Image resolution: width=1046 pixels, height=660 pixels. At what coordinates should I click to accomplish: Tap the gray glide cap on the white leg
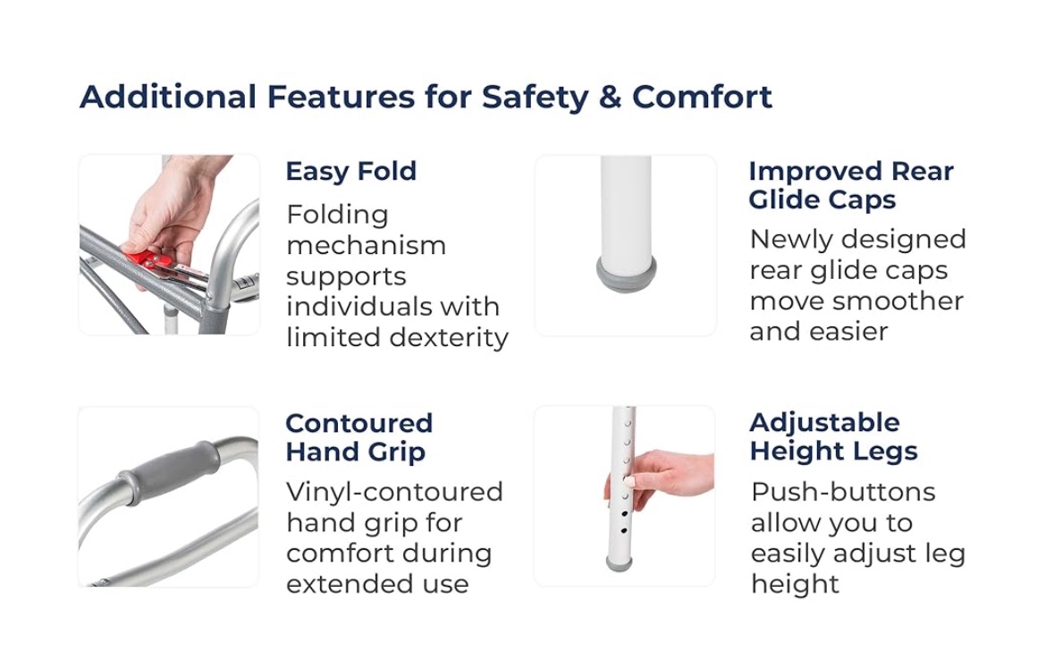pos(626,274)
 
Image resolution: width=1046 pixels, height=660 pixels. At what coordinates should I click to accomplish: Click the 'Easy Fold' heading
pos(350,172)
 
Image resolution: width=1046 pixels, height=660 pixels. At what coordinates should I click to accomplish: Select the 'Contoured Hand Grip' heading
pos(359,438)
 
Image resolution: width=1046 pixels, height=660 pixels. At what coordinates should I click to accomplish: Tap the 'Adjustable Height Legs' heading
pos(833,437)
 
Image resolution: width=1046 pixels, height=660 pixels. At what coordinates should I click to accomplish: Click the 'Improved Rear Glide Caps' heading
pos(851,185)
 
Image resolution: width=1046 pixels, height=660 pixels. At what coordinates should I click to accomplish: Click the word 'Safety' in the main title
pos(535,97)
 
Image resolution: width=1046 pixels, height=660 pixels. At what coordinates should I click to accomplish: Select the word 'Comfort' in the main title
pos(702,97)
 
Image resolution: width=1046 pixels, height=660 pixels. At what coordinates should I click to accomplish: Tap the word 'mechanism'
pos(367,246)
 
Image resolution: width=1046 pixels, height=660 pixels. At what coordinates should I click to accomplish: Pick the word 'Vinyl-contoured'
pos(394,493)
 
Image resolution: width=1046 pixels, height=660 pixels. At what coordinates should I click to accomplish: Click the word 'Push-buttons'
pos(843,492)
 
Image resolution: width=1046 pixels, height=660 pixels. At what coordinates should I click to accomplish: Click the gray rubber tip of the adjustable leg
pos(619,564)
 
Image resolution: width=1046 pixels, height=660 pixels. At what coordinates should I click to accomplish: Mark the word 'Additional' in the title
pos(168,97)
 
